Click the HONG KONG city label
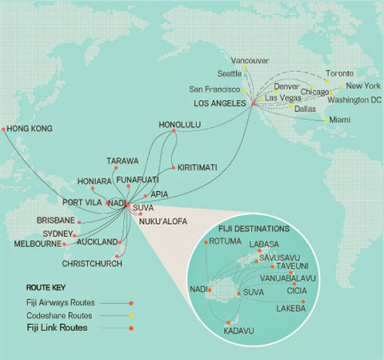[30, 129]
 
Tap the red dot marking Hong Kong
[4, 129]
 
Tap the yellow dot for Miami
[326, 121]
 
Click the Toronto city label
[339, 73]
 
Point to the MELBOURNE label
[36, 244]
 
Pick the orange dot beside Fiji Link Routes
[131, 329]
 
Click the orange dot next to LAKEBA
[303, 301]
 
